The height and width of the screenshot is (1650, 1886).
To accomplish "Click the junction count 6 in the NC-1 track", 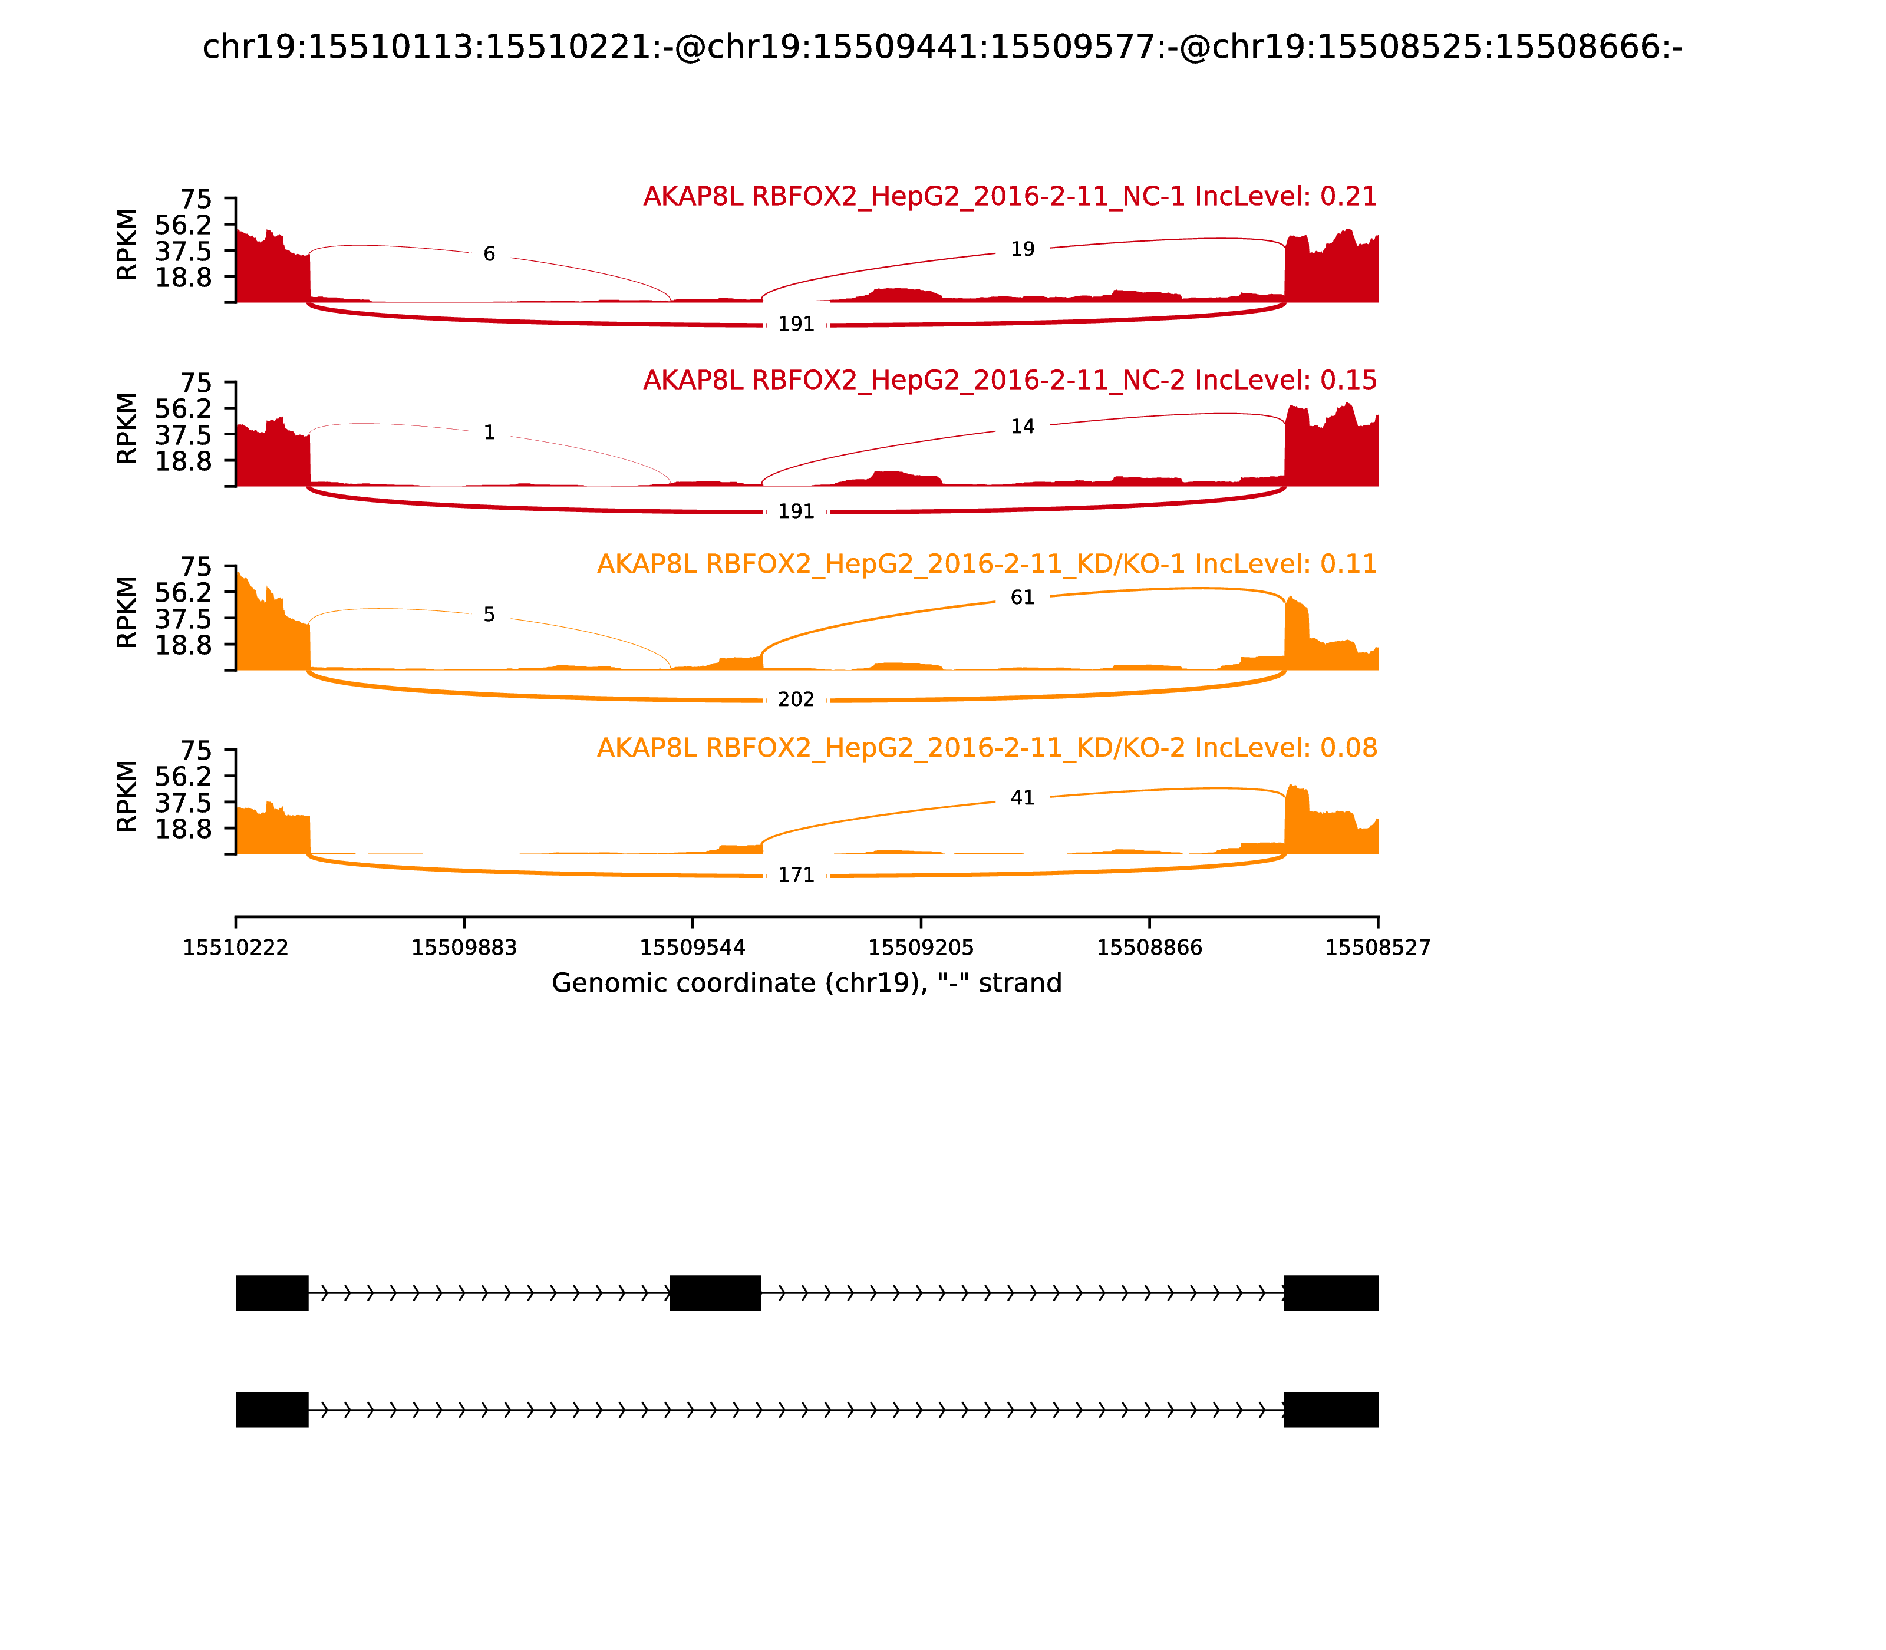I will (x=489, y=254).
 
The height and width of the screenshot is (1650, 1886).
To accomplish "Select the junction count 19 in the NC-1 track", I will (x=1022, y=249).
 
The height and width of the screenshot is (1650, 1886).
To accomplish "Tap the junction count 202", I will (x=796, y=700).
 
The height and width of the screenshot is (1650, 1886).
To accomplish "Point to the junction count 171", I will (x=796, y=874).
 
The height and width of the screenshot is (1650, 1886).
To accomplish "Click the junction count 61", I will (x=1022, y=598).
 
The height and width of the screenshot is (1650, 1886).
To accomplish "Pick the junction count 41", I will (x=1022, y=797).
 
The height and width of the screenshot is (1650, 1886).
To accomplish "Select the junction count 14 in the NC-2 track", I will (x=1022, y=426).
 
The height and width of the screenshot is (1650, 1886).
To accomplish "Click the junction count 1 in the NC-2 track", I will (x=489, y=433).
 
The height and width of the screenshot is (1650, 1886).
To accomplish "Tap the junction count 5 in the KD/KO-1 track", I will (x=489, y=614).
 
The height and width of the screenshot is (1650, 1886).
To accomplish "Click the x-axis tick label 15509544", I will (x=693, y=948).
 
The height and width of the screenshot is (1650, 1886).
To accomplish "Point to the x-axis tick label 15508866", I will (x=1149, y=948).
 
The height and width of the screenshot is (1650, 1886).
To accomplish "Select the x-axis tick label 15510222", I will (x=236, y=948).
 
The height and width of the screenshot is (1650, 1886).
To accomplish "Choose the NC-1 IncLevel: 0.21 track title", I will (x=1009, y=197).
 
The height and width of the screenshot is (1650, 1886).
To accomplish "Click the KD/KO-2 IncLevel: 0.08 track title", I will (x=986, y=748).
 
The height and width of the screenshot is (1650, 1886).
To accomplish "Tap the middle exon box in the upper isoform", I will (x=716, y=1293).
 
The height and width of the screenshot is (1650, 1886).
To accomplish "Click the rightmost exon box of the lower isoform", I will (x=1331, y=1410).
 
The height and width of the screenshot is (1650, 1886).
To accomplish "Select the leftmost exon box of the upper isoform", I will (x=272, y=1293).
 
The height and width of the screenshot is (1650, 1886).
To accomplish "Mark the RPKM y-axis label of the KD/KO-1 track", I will (x=127, y=612).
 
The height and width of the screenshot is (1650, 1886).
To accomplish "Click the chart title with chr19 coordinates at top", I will (x=942, y=47).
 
